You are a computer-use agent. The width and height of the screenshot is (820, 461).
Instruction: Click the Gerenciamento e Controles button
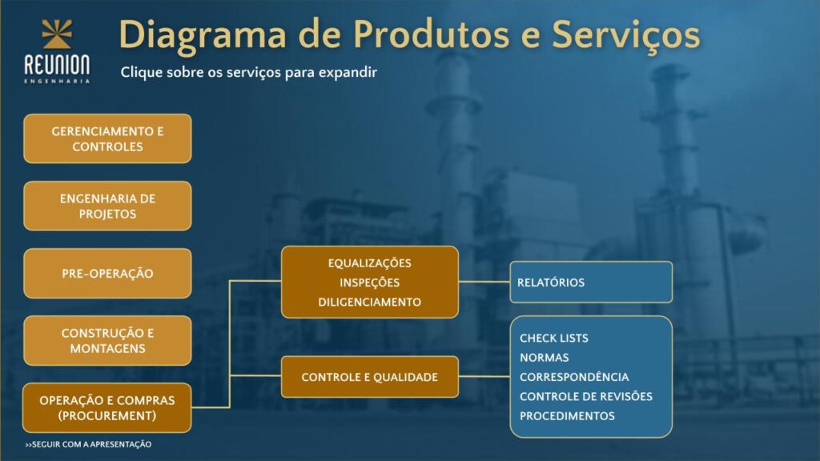(x=107, y=138)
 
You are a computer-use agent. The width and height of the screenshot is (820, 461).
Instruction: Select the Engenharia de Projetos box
(x=107, y=206)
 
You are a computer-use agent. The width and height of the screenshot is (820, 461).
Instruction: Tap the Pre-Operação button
(x=107, y=274)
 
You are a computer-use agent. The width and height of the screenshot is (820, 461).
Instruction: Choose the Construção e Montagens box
(x=107, y=340)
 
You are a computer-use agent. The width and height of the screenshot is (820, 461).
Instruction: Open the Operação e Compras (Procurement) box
(x=107, y=407)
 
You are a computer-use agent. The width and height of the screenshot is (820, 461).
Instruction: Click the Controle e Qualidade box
(x=370, y=377)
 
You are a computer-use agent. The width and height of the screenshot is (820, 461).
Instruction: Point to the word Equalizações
(x=370, y=263)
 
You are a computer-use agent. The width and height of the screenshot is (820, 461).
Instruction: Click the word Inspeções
(x=370, y=283)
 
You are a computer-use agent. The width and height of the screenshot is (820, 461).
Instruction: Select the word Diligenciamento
(x=370, y=302)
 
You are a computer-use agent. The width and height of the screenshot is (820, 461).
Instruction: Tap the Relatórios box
(x=591, y=283)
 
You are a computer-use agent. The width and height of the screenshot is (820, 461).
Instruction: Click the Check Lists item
(x=554, y=339)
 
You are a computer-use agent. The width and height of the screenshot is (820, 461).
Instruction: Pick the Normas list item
(x=545, y=358)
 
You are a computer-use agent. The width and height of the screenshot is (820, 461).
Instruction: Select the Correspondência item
(x=574, y=377)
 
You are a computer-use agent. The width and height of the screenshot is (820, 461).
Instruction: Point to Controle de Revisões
(x=586, y=396)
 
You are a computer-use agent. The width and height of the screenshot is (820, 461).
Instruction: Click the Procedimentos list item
(x=568, y=416)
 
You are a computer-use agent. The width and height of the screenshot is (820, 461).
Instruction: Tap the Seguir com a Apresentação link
(x=88, y=444)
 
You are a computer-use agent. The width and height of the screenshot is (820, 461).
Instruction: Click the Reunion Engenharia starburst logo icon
(x=57, y=34)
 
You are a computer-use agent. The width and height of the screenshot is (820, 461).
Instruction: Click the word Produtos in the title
(x=432, y=35)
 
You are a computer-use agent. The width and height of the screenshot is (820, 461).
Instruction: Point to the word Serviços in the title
(x=626, y=36)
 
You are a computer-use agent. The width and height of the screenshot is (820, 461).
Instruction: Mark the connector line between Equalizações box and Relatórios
(x=484, y=282)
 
